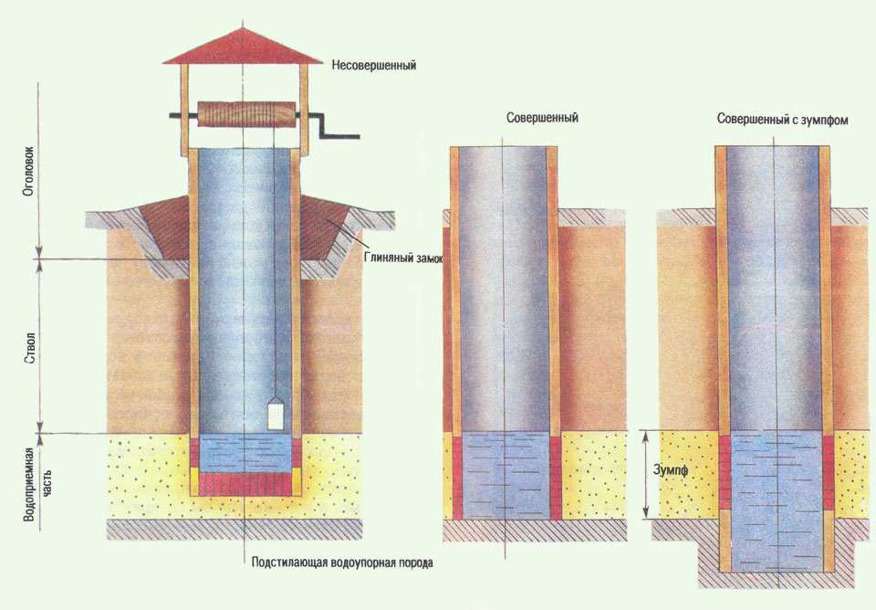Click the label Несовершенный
point(374,66)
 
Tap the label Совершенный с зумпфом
point(783,120)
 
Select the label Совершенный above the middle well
point(542,118)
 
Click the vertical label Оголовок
point(29,172)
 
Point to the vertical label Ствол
point(31,348)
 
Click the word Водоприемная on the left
point(29,484)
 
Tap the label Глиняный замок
point(403,258)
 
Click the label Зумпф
point(671,470)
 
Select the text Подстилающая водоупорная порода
point(342,563)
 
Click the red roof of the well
point(243,47)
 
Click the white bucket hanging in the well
point(276,414)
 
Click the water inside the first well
point(245,454)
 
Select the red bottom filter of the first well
point(245,484)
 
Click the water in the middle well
point(506,476)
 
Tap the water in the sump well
point(774,500)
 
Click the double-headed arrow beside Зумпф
point(646,474)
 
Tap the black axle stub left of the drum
point(183,116)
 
